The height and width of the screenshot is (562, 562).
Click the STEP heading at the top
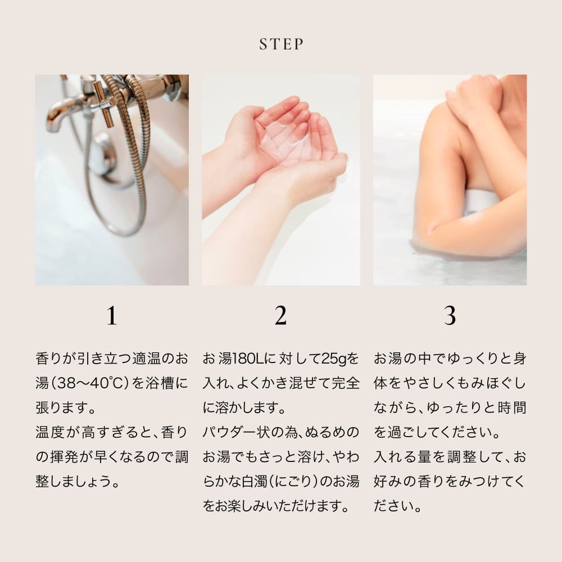pos(281,44)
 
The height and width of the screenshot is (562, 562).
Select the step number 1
pos(112,316)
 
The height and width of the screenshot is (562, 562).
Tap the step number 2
pos(280,316)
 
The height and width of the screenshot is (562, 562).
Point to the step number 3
pos(450,316)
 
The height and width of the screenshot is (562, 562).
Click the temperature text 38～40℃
pos(93,383)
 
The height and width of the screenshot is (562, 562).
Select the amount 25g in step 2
pos(330,359)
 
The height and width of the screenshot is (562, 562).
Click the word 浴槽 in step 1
pos(158,383)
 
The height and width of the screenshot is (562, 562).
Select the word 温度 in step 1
pos(49,433)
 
